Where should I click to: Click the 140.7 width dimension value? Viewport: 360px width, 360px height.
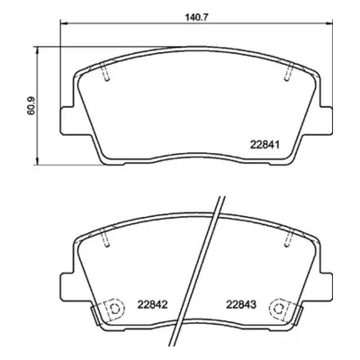(195, 17)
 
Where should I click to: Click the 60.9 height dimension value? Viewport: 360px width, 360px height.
(31, 106)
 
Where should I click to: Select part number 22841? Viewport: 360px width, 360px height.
(265, 145)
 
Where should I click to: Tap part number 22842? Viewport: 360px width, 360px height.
(152, 305)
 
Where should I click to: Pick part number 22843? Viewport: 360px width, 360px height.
(241, 305)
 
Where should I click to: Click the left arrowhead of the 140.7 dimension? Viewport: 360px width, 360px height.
(64, 22)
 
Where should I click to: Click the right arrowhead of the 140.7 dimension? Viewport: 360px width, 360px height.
(329, 22)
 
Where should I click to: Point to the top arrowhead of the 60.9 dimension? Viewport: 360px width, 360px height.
(37, 49)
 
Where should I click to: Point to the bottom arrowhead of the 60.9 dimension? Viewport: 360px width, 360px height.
(37, 162)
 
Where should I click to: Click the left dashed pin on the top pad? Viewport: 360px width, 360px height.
(104, 72)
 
